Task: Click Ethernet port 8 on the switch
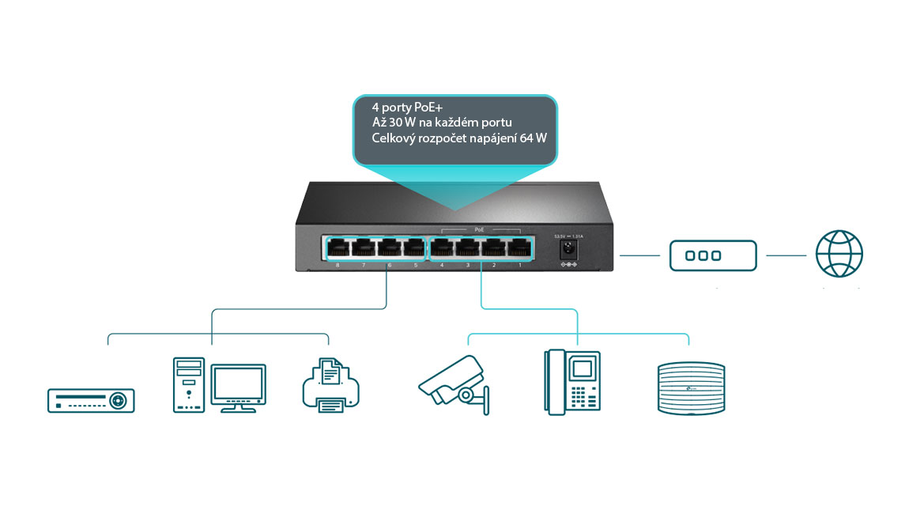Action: pos(338,248)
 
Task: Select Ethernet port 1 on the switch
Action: pos(519,248)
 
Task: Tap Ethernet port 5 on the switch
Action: pos(415,248)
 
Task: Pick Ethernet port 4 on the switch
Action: pos(441,248)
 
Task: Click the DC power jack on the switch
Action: pos(567,250)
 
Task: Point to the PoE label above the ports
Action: pos(479,229)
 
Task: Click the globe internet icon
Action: pos(839,255)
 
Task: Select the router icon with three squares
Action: pos(713,255)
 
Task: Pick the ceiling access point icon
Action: pos(691,388)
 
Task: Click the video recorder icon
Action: pos(91,400)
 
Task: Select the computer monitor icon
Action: pos(235,387)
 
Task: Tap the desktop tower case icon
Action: pos(188,385)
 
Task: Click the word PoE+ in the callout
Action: pos(431,106)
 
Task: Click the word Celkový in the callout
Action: pos(395,138)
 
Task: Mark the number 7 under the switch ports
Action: pos(364,265)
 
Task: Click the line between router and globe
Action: pos(786,255)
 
